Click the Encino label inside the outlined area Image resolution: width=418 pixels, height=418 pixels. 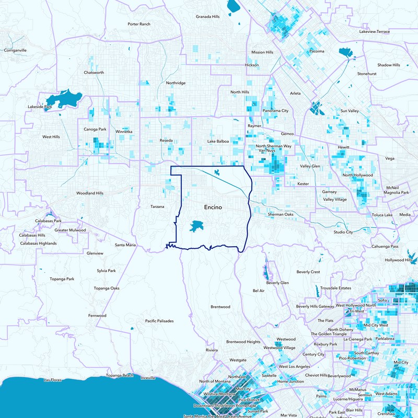(x=213, y=207)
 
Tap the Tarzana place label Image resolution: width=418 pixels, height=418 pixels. (x=157, y=206)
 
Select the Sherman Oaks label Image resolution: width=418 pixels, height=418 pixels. (x=282, y=214)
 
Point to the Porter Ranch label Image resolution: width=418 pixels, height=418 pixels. (x=138, y=24)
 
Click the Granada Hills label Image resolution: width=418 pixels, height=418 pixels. (x=207, y=17)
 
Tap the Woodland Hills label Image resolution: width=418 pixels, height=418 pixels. (x=90, y=193)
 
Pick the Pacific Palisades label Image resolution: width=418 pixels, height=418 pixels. (x=159, y=321)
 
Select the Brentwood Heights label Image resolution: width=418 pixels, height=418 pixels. (x=243, y=342)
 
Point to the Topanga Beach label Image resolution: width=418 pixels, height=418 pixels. (x=120, y=376)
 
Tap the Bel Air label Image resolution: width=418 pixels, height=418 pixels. (x=259, y=291)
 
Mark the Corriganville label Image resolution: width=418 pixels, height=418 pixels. (x=15, y=50)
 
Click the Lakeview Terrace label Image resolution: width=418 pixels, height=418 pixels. (x=375, y=32)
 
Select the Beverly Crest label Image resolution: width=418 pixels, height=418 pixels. (x=308, y=272)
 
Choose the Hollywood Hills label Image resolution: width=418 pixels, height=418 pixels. (x=399, y=260)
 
